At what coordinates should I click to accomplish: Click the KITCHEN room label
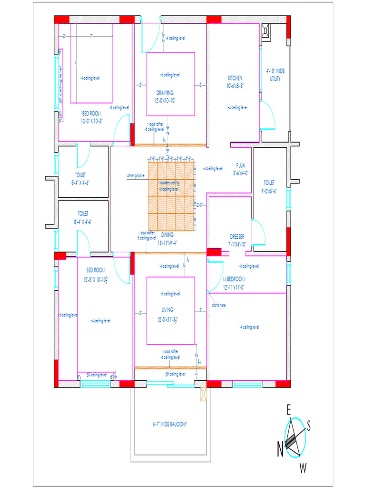pyautogui.click(x=235, y=78)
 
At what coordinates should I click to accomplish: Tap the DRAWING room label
pyautogui.click(x=165, y=93)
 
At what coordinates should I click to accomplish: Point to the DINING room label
pyautogui.click(x=167, y=235)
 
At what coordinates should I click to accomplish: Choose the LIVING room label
pyautogui.click(x=167, y=310)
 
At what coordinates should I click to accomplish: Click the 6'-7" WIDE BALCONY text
pyautogui.click(x=170, y=424)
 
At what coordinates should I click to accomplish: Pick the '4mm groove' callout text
pyautogui.click(x=136, y=176)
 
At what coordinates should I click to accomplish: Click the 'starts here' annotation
pyautogui.click(x=219, y=305)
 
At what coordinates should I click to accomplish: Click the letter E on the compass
pyautogui.click(x=288, y=409)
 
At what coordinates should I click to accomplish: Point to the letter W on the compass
pyautogui.click(x=303, y=468)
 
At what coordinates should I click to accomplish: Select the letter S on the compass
pyautogui.click(x=309, y=427)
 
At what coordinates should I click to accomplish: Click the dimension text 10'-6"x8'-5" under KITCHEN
pyautogui.click(x=235, y=86)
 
